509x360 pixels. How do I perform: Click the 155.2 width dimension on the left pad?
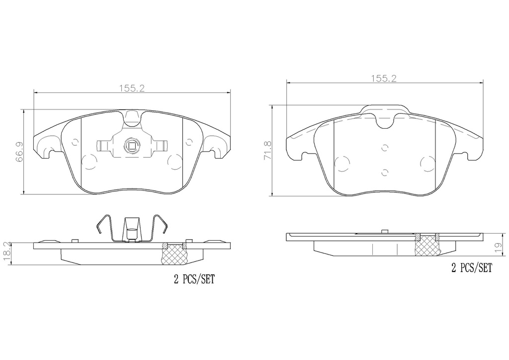[x=132, y=88]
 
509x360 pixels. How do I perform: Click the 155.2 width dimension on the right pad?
[x=384, y=78]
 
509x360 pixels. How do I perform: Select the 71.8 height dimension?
[x=268, y=150]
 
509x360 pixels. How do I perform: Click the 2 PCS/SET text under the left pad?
[x=194, y=279]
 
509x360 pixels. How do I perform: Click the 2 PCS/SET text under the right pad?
[x=472, y=268]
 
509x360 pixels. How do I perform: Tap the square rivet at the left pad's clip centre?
[x=132, y=146]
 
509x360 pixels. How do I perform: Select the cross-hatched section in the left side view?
[x=174, y=254]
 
